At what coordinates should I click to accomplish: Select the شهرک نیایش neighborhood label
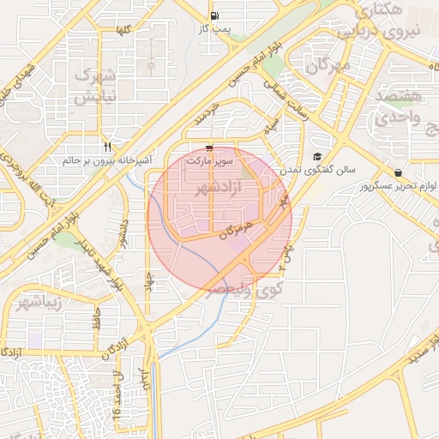pyautogui.click(x=95, y=86)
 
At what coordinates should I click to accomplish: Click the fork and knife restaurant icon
pyautogui.click(x=107, y=147)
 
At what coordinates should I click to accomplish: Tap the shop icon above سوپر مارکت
pyautogui.click(x=210, y=147)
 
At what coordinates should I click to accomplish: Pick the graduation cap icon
pyautogui.click(x=317, y=157)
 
